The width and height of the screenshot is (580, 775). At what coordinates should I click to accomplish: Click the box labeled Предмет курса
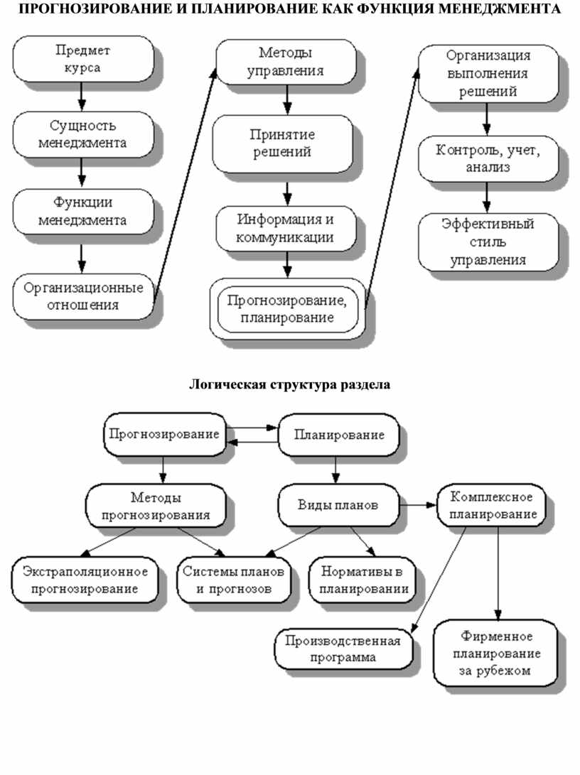click(x=82, y=60)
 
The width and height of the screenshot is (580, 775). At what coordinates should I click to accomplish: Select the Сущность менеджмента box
click(x=82, y=134)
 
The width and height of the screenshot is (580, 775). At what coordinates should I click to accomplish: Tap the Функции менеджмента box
click(x=82, y=211)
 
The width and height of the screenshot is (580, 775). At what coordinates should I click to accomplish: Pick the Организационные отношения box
click(x=82, y=296)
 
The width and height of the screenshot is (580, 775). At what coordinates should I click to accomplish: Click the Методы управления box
click(x=286, y=61)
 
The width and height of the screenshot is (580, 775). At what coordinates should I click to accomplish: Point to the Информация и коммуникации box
click(x=286, y=228)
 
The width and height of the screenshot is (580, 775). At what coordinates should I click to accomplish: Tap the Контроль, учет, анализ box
click(x=487, y=158)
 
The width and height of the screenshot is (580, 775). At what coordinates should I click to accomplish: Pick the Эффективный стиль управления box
click(x=487, y=242)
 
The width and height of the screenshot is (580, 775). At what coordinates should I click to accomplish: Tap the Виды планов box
click(x=337, y=505)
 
